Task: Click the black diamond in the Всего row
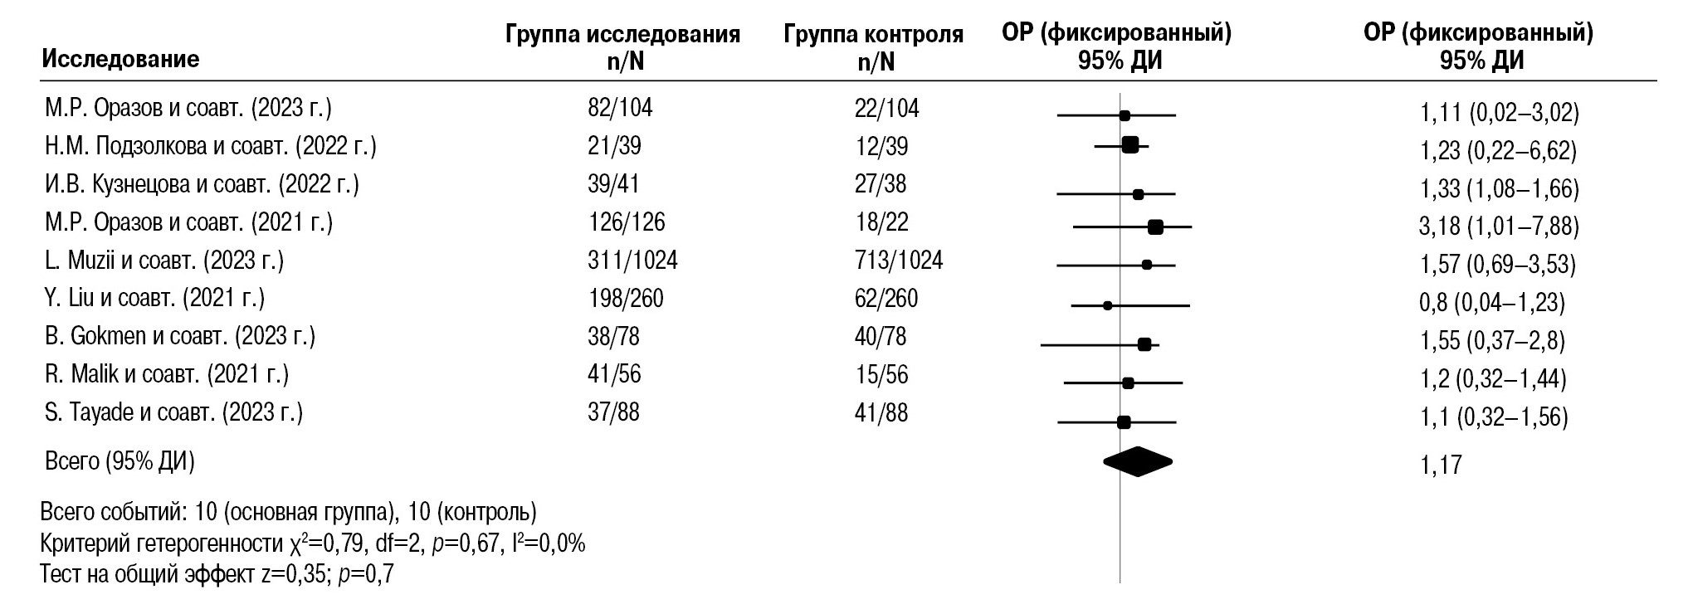1137,462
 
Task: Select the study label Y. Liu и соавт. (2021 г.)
155,298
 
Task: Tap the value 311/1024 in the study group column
632,261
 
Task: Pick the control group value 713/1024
899,261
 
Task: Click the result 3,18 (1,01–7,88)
1500,227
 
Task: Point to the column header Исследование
121,59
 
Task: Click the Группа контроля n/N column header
873,48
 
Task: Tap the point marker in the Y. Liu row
1107,306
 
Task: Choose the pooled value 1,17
1441,465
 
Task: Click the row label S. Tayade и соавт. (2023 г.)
174,412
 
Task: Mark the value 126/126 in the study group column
627,222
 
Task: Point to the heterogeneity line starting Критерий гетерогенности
313,544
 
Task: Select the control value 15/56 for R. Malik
881,374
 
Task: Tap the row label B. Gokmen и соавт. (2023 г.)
180,336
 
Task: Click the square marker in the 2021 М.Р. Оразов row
1154,227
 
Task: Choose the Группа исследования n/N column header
622,48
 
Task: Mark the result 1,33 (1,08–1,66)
1500,189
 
